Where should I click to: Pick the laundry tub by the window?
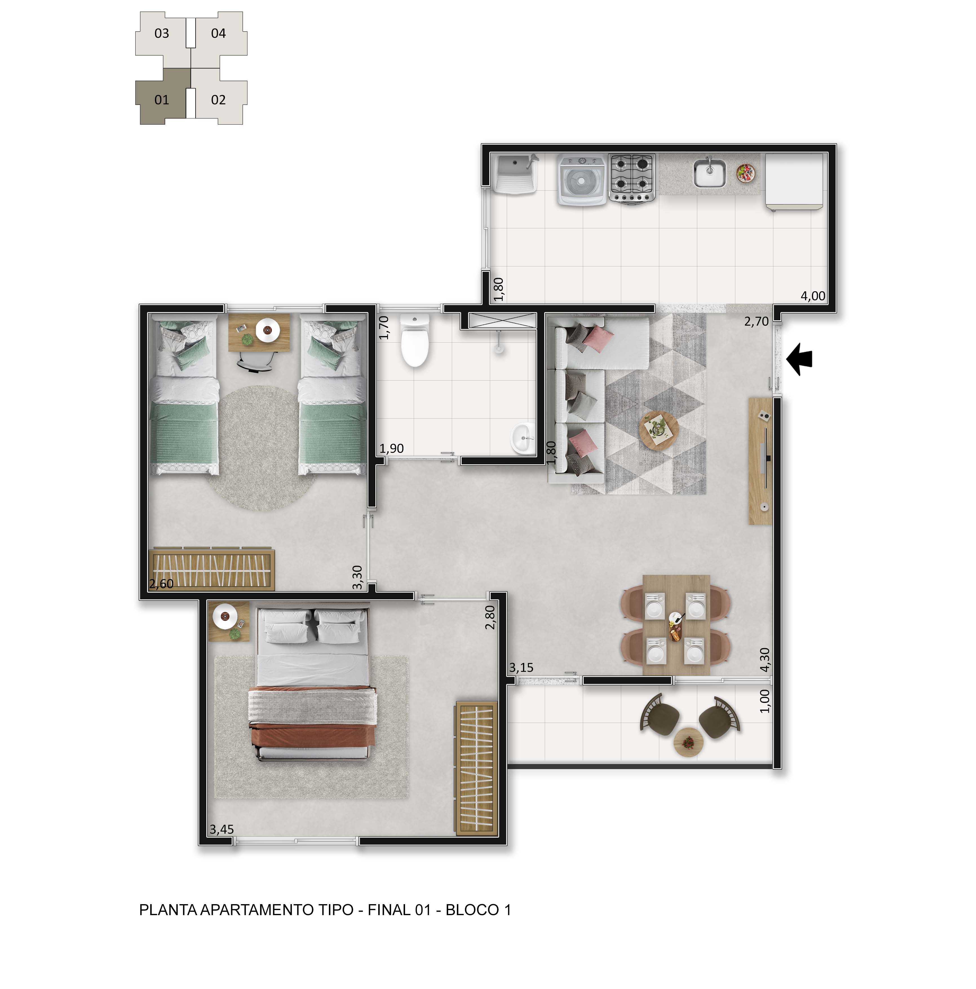point(515,174)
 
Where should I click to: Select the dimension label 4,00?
point(813,296)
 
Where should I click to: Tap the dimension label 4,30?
point(765,660)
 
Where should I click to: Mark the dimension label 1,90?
point(391,449)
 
